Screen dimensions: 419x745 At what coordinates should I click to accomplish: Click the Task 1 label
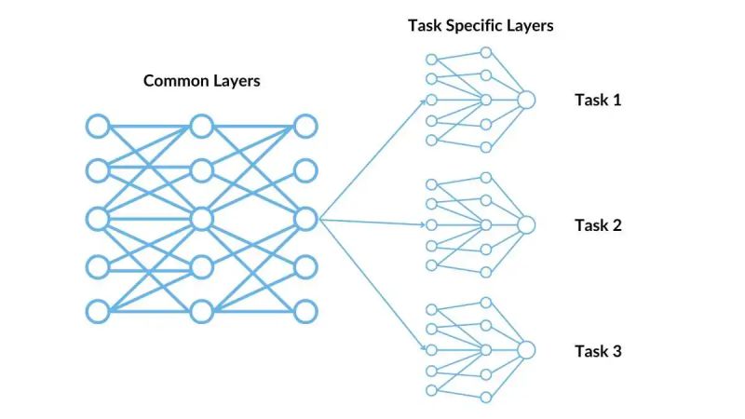click(x=597, y=100)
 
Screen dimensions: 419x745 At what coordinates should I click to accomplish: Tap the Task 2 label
click(x=597, y=224)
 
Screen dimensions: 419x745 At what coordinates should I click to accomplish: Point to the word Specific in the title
click(x=472, y=25)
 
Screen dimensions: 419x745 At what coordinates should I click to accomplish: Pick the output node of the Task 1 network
click(x=526, y=100)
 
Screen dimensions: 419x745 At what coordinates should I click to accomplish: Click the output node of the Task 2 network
click(x=526, y=224)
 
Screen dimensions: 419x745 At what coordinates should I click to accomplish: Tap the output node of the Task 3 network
click(x=526, y=350)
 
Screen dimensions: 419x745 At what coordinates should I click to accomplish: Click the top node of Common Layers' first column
click(x=98, y=125)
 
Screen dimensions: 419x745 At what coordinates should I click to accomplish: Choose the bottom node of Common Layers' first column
click(x=98, y=311)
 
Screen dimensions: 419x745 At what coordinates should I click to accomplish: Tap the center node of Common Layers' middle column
click(x=201, y=219)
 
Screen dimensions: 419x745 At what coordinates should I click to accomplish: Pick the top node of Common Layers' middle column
click(x=201, y=125)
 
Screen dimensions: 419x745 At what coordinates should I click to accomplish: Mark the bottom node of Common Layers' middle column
click(x=201, y=311)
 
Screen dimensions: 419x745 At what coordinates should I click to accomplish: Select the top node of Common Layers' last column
click(x=305, y=125)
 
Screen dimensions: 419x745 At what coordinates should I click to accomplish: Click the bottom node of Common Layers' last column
click(x=305, y=311)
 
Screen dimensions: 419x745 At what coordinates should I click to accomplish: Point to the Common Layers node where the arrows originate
click(x=305, y=219)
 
